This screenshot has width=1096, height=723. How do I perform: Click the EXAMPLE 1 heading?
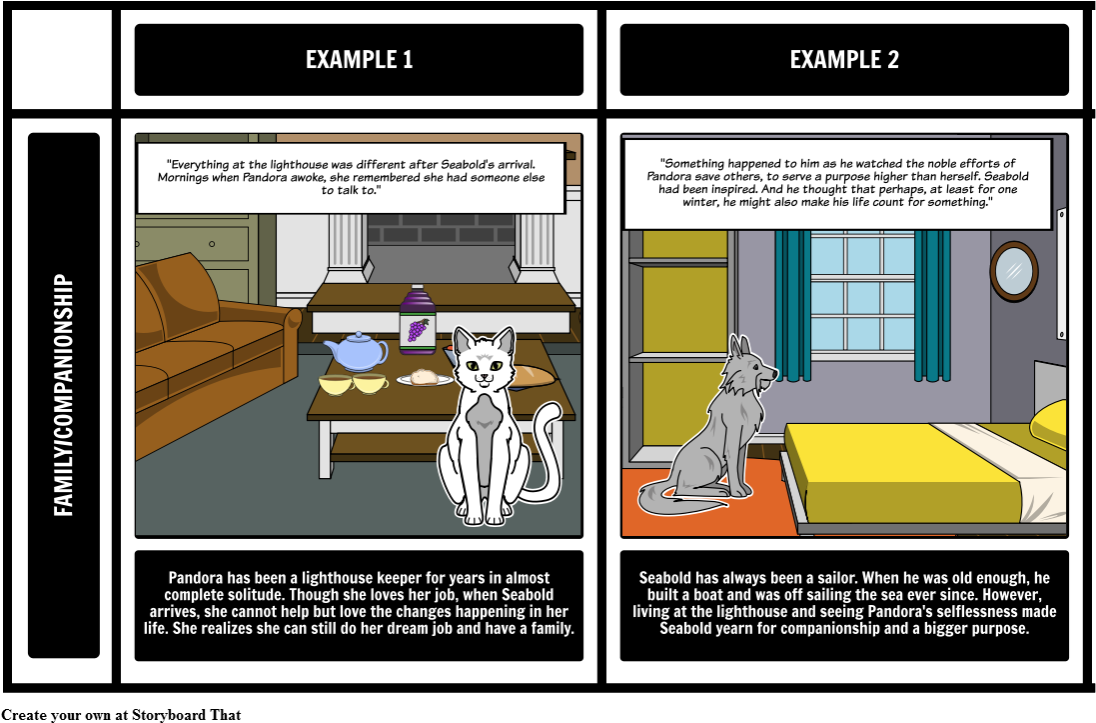coord(359,60)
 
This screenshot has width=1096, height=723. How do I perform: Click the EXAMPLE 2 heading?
coord(844,60)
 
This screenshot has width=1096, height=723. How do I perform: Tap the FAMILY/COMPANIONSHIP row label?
coord(64,395)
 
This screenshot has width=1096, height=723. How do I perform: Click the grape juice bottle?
coord(415,322)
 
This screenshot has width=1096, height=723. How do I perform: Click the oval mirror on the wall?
coord(1014,270)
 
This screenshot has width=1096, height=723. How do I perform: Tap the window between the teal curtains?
coord(861,295)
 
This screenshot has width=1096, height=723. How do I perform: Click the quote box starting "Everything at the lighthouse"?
coord(352,177)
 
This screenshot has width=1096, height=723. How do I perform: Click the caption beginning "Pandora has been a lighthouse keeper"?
coord(358,603)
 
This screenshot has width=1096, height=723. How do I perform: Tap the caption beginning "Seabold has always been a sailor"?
coord(844,603)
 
